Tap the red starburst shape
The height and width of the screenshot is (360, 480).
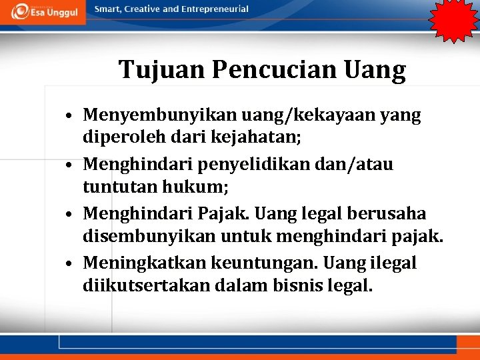coord(453,19)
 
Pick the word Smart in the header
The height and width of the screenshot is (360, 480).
coord(108,9)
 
